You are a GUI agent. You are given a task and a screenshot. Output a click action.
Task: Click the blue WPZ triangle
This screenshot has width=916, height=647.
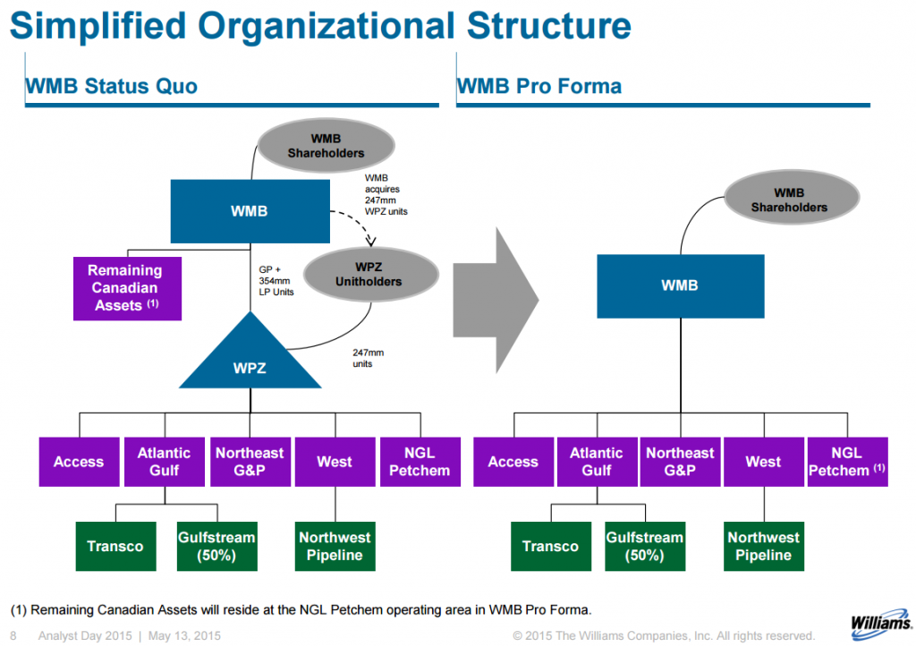[x=250, y=362]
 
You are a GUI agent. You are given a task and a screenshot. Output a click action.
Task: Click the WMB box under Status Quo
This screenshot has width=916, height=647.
[x=250, y=212]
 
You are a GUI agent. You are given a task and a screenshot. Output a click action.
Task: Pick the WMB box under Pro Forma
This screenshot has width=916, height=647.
[x=680, y=286]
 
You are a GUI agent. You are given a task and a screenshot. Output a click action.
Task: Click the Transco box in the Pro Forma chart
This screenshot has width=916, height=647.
[x=550, y=546]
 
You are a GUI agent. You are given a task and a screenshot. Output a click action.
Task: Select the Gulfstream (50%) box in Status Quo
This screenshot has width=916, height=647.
[x=216, y=546]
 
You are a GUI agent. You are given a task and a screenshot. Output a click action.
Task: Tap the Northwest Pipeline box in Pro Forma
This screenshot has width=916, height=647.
[x=763, y=546]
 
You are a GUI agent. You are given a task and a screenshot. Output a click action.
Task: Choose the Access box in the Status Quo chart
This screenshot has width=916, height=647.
[x=79, y=462]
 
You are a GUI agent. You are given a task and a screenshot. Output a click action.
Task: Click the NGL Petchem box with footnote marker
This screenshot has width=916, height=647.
[x=846, y=462]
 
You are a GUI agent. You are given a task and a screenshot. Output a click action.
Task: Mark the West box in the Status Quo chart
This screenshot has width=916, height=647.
[x=335, y=462]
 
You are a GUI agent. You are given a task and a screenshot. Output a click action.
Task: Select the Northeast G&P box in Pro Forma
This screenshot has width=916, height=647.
[x=680, y=462]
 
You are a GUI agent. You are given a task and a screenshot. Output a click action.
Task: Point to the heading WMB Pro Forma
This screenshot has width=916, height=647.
[x=539, y=87]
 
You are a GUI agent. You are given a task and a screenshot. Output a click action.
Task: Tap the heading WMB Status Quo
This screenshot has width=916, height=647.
[x=112, y=87]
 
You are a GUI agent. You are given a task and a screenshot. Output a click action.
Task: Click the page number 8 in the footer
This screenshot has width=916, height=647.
[x=13, y=635]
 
